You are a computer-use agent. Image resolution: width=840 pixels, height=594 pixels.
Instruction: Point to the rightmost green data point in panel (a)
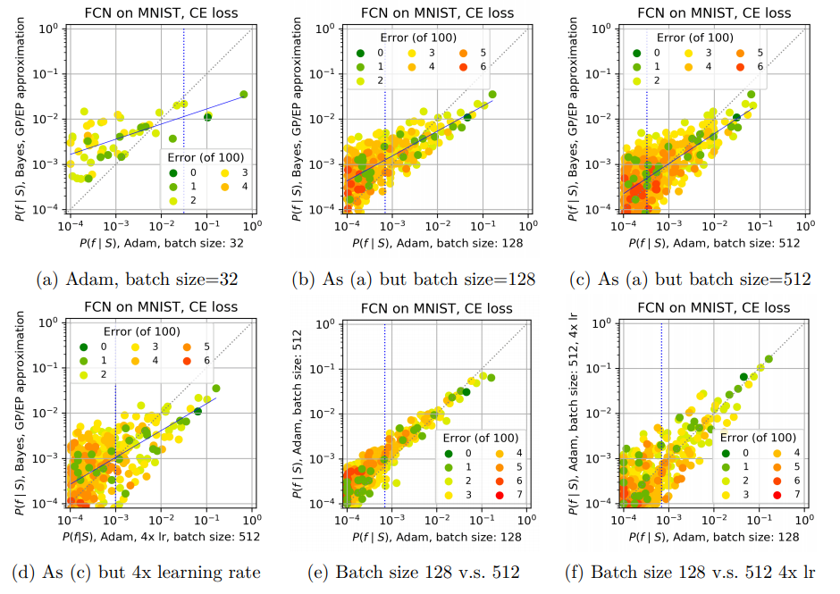tap(243, 94)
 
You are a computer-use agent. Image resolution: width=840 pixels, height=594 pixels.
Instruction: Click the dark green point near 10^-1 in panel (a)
tap(207, 117)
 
